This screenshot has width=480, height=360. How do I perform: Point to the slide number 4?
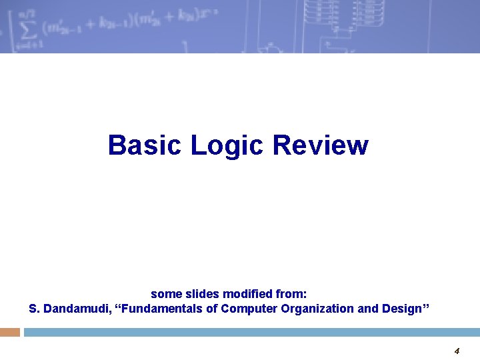click(457, 351)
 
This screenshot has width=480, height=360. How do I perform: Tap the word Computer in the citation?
click(250, 309)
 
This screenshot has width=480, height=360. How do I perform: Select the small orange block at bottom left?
click(10, 331)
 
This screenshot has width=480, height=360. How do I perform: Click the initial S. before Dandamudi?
click(34, 309)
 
